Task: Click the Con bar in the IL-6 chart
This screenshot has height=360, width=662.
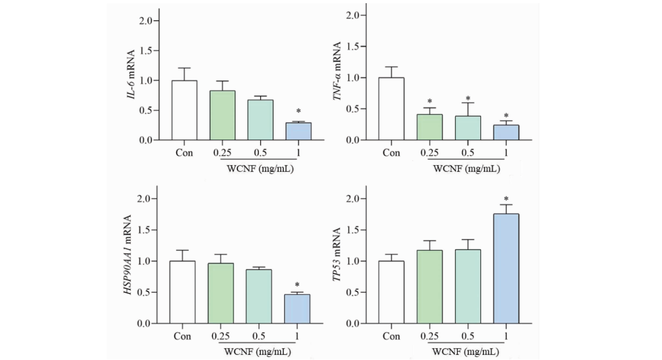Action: coord(184,110)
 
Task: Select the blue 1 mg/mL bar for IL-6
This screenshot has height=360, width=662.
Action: coord(299,132)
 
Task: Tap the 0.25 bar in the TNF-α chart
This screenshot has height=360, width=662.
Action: coord(429,127)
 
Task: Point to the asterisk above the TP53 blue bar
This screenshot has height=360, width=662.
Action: coord(506,199)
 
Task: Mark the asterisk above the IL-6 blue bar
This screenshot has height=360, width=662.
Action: coord(299,112)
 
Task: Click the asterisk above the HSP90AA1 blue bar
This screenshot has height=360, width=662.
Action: coord(297,284)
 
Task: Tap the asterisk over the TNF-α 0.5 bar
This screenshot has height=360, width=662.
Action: coord(468,99)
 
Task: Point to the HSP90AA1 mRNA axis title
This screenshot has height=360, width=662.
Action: coord(128,255)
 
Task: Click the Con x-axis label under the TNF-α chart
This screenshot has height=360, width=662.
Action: coord(391,153)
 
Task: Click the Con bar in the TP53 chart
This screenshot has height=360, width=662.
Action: coord(391,292)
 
